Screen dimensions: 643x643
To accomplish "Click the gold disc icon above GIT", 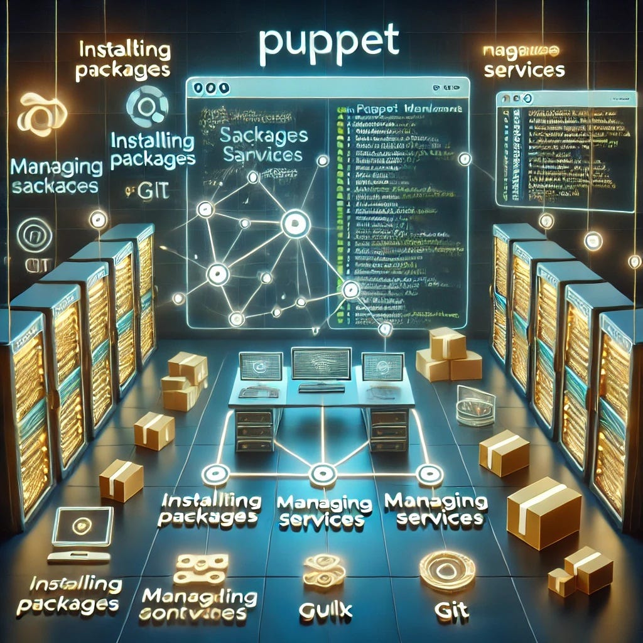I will click(x=447, y=570).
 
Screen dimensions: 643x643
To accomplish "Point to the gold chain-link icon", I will click(x=200, y=568).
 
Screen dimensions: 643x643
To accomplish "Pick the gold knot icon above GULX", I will click(x=324, y=570).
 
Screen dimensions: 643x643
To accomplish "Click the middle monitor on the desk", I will click(x=321, y=364).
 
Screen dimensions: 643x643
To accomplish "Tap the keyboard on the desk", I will click(x=321, y=387).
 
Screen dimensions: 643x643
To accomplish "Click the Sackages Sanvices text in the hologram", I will click(x=263, y=144).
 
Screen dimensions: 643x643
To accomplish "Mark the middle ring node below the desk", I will click(x=321, y=472).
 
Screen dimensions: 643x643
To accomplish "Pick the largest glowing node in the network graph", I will click(x=292, y=222).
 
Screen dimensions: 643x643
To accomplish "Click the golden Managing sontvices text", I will click(x=199, y=604).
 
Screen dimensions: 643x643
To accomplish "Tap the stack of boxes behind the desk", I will click(x=448, y=355).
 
